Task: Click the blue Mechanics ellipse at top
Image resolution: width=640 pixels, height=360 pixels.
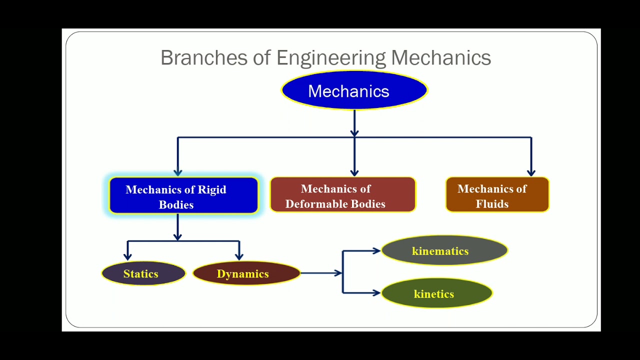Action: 354,90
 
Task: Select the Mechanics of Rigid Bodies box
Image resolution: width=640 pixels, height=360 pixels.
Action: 183,195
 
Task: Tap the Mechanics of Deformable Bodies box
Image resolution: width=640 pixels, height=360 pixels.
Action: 342,195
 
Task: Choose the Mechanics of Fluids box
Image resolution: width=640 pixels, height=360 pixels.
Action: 497,195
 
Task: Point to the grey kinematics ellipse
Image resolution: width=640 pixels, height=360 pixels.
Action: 444,250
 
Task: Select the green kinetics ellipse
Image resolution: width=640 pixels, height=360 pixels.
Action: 436,293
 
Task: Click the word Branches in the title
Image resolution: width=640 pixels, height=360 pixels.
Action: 203,57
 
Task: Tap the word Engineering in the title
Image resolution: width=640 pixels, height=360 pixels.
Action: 331,57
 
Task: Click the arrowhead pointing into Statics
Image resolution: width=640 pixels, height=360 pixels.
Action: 128,256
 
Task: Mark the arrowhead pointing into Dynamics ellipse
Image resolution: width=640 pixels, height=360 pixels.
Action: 239,256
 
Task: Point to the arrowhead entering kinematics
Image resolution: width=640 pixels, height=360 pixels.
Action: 376,250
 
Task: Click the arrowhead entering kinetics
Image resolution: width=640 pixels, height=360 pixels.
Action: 376,293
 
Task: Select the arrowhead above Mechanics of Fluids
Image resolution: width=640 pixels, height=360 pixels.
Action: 531,172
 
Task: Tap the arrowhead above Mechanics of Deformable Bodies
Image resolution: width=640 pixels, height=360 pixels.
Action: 354,172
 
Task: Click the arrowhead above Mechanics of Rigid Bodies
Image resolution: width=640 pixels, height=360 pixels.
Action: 177,172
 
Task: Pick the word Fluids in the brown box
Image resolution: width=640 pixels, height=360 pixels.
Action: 492,204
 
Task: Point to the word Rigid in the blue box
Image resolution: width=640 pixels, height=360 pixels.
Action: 212,189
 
